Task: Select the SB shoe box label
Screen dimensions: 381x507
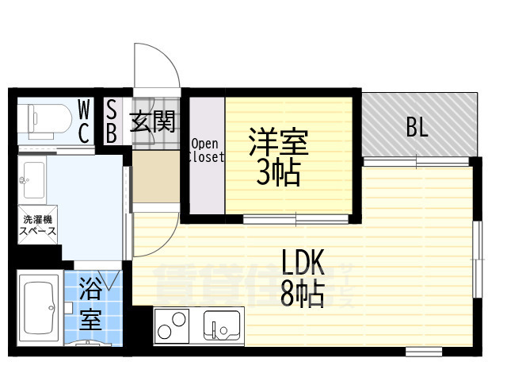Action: [x=111, y=120]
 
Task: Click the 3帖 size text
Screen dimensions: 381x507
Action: [x=277, y=172]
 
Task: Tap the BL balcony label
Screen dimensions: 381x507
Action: [x=417, y=127]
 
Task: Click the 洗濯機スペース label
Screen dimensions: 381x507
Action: [x=38, y=224]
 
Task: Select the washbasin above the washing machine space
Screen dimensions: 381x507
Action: [x=33, y=180]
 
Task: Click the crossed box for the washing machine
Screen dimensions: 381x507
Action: [x=38, y=225]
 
